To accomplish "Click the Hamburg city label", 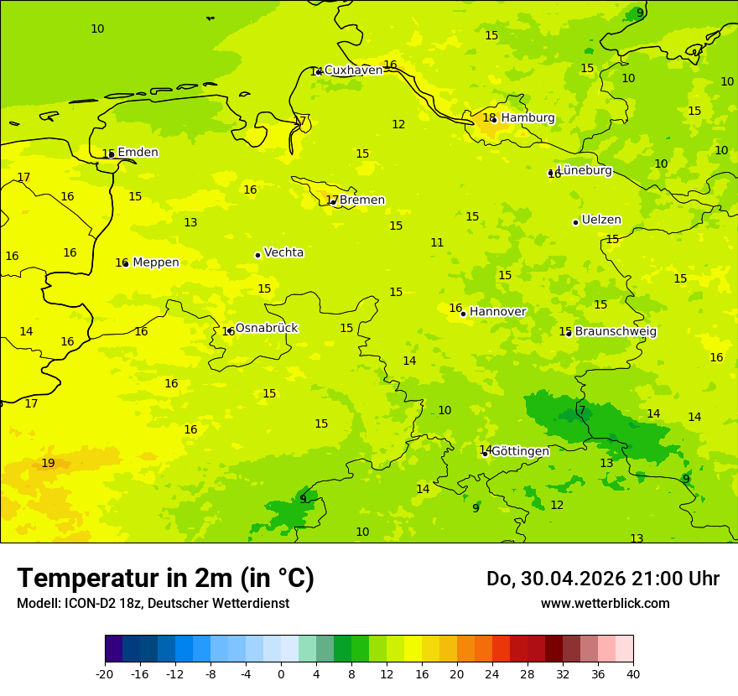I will [x=528, y=118].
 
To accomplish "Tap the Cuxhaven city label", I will [x=353, y=70].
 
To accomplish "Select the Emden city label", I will [x=138, y=153].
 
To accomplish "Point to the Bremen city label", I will [x=361, y=200].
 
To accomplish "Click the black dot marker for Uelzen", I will [x=575, y=222].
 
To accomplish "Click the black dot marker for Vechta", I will [x=257, y=255].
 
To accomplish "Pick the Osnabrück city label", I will [x=266, y=328].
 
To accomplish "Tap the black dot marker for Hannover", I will [x=463, y=314].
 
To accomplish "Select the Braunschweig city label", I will [x=616, y=332].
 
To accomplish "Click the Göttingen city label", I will [x=520, y=451].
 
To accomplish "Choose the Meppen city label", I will [x=155, y=262].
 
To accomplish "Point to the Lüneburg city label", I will [x=585, y=170].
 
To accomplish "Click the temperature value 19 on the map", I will [x=48, y=464].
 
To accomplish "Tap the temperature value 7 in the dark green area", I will [x=582, y=410].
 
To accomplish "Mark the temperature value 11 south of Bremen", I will [x=437, y=243].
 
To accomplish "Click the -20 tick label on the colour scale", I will [x=105, y=673].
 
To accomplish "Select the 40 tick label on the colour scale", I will [x=633, y=673].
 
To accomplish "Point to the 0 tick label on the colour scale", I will [x=281, y=673].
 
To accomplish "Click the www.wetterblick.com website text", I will [x=605, y=604].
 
